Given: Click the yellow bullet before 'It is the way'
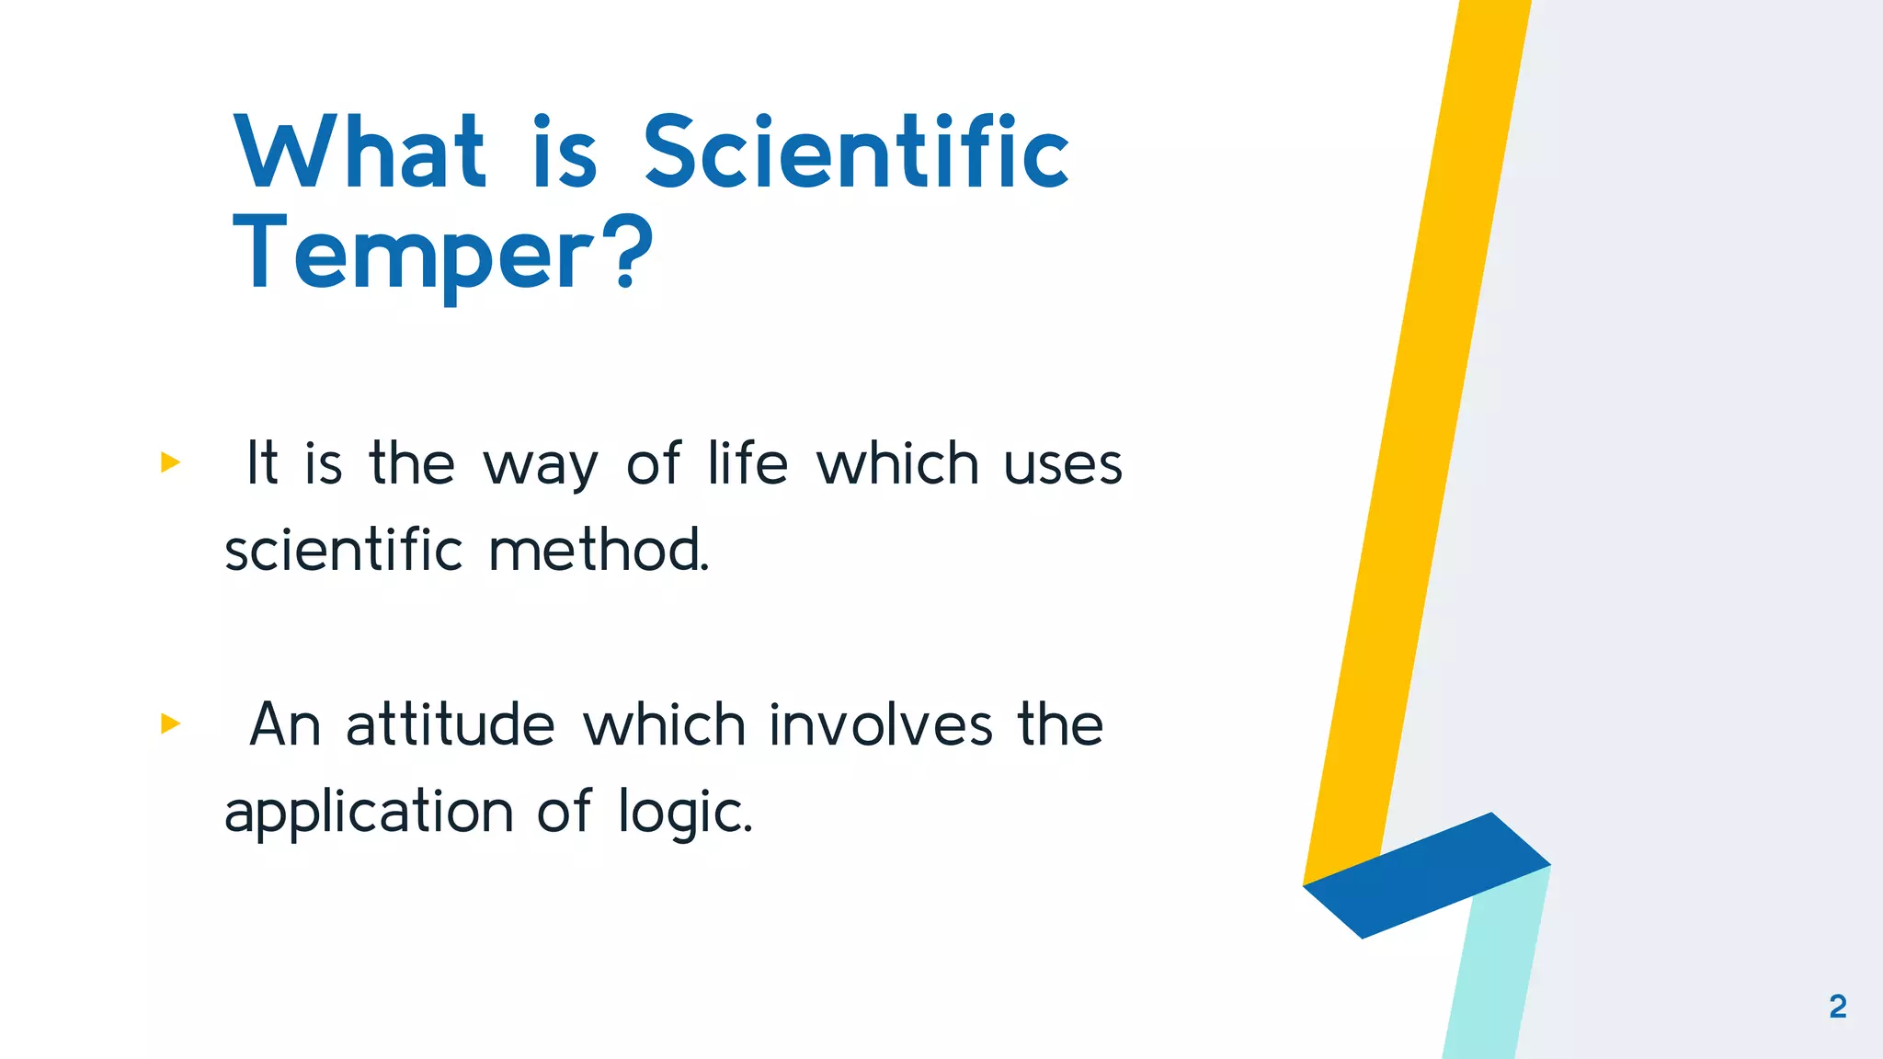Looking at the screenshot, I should tap(170, 461).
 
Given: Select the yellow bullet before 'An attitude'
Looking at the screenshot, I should tap(170, 723).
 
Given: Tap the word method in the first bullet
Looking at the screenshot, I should tap(598, 551).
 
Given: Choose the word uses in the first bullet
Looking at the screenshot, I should tap(1062, 464).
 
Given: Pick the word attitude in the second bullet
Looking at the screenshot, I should tap(450, 724).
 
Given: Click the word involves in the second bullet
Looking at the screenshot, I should tap(881, 724).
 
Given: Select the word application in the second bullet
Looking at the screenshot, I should tap(369, 814).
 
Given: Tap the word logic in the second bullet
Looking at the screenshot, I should tap(683, 814).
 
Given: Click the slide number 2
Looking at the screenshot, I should tap(1837, 1007).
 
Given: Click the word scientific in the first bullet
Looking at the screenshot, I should tap(343, 551).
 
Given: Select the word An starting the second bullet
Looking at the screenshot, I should tap(284, 724).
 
